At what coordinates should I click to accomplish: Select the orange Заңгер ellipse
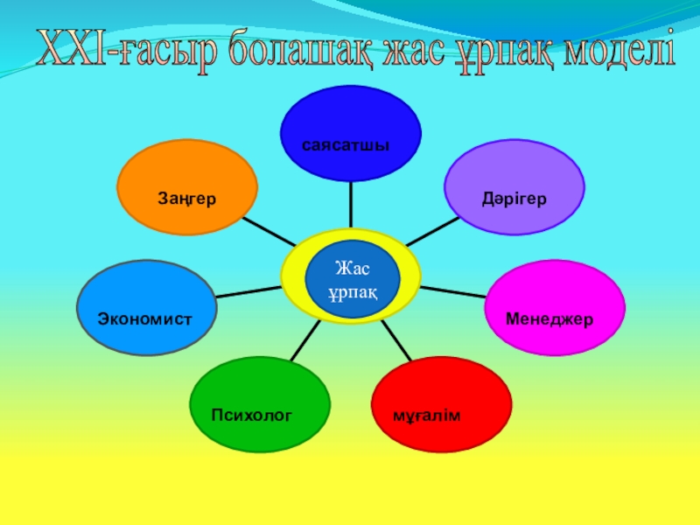pos(187,187)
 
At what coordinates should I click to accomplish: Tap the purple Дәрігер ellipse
pos(514,187)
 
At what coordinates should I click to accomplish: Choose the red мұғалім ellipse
pos(442,403)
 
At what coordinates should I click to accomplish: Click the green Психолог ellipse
pos(260,403)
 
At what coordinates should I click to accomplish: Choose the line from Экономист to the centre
pos(248,291)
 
